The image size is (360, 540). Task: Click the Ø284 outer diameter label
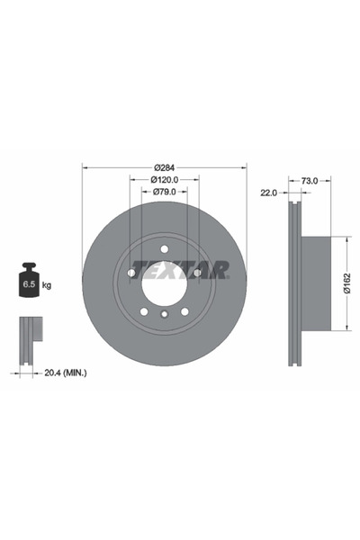coord(164,167)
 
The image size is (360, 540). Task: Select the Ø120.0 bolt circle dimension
coord(164,180)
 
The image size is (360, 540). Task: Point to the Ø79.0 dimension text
coord(164,193)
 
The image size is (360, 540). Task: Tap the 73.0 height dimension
coord(310,181)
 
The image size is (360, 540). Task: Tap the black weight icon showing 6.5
coord(27,281)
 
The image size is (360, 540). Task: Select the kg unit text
coord(47,284)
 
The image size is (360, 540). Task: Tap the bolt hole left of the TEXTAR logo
coord(130,272)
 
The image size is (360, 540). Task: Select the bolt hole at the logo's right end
coord(197,272)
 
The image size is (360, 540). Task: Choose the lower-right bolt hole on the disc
coord(184,311)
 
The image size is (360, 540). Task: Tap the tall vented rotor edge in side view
coord(293,283)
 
